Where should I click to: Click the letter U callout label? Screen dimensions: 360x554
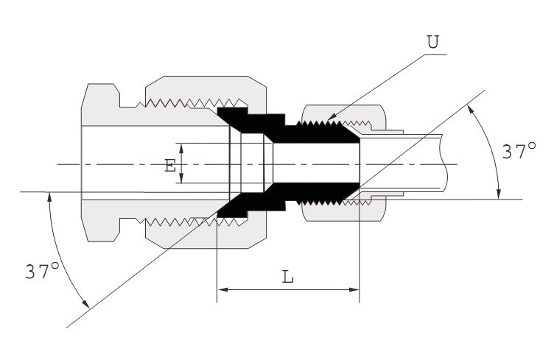(x=432, y=42)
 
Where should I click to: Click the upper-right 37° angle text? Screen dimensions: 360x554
(x=519, y=152)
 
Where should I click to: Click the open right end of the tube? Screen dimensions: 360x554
(x=446, y=163)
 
